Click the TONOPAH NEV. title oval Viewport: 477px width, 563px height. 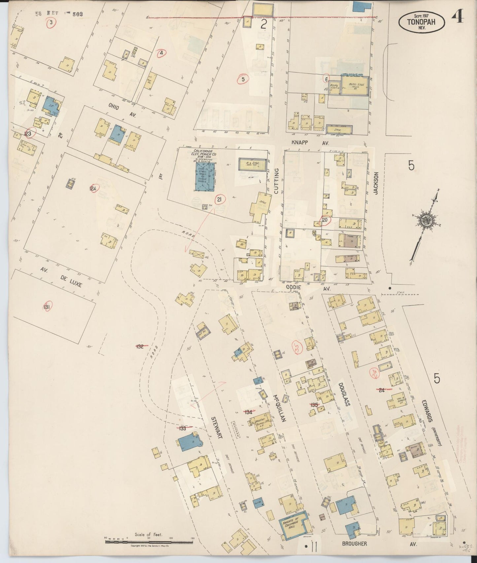[422, 21]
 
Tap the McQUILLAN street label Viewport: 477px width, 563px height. [279, 409]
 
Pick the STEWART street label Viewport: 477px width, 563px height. [217, 427]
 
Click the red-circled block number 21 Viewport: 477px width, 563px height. [218, 199]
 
